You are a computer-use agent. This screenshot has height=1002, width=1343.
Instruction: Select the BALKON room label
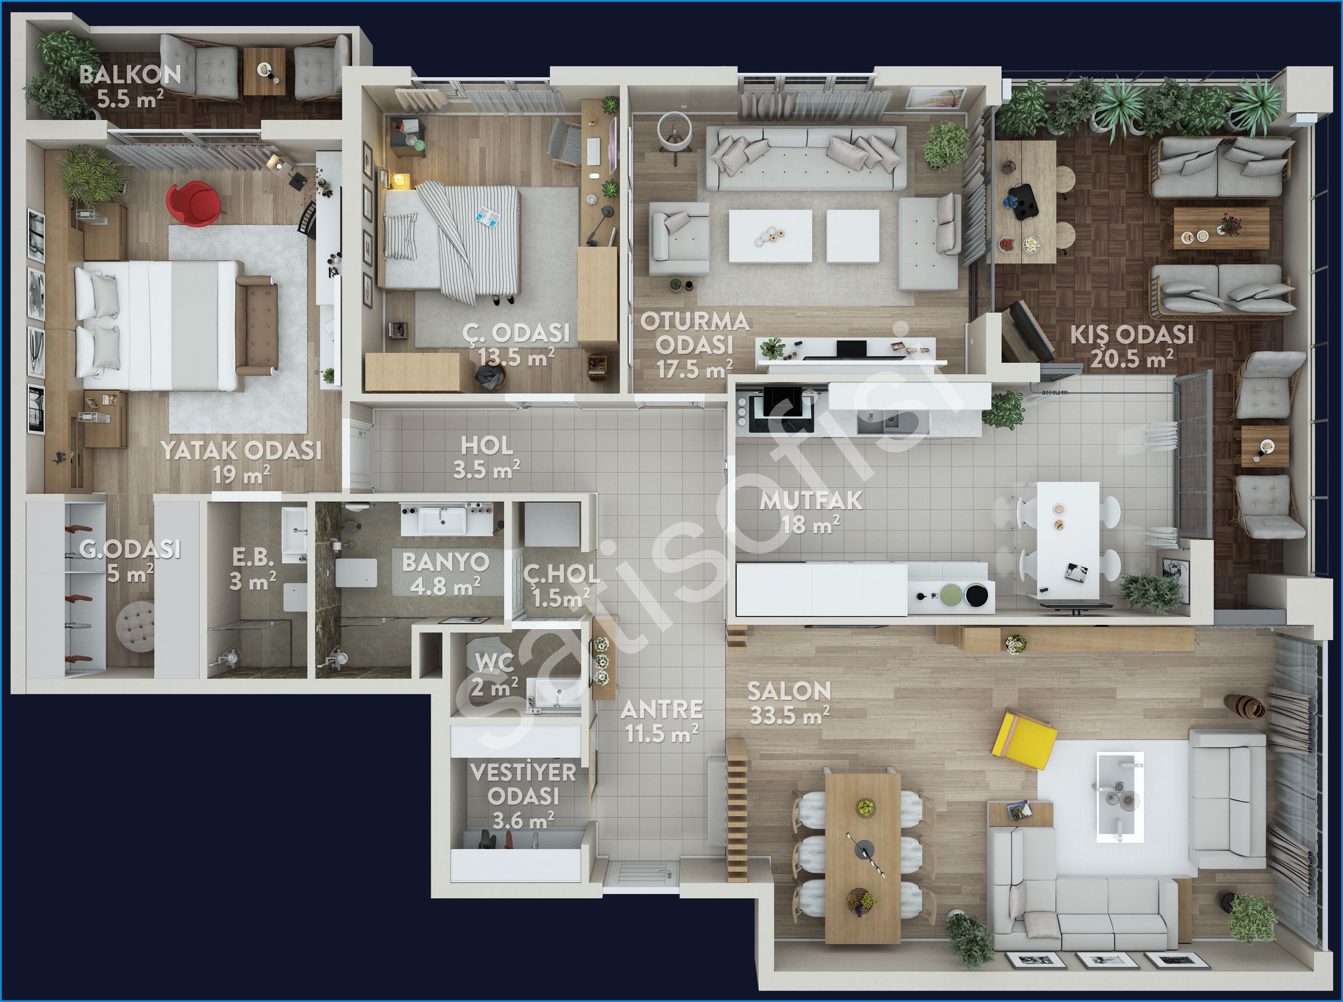tap(130, 75)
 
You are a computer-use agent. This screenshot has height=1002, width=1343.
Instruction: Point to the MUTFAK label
tap(811, 501)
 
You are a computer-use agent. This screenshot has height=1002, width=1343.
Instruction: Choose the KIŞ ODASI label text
tap(1131, 335)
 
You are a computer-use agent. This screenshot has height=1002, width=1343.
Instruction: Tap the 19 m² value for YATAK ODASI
tap(241, 475)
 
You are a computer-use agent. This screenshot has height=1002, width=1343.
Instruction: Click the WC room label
tap(494, 663)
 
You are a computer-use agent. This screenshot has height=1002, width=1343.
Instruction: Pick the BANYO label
tap(445, 562)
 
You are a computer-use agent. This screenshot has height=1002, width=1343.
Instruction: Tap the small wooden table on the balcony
tap(264, 71)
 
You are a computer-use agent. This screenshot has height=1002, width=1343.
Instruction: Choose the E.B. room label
tap(252, 557)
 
